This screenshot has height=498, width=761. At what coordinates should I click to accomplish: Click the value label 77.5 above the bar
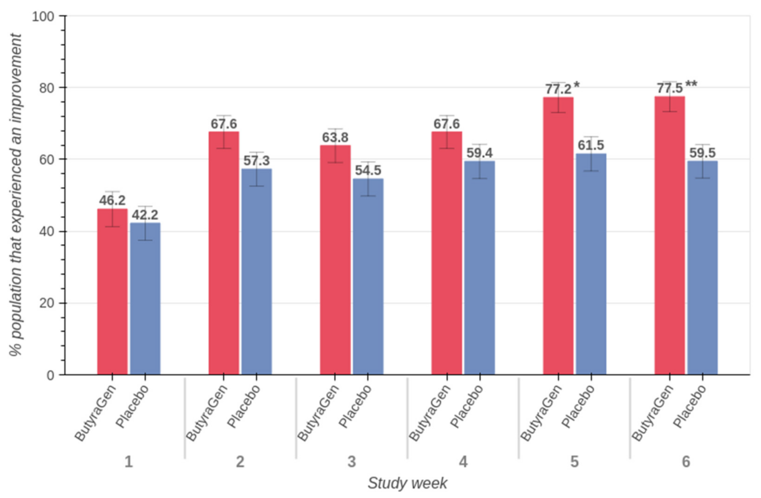tap(670, 88)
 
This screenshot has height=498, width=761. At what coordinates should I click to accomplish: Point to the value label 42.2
tap(145, 215)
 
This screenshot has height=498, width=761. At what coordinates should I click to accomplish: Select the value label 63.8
tap(335, 138)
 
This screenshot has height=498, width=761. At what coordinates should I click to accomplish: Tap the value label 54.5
tap(368, 171)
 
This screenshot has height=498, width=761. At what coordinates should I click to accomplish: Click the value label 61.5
tap(591, 145)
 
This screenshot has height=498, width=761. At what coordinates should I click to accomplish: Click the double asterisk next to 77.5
tap(691, 84)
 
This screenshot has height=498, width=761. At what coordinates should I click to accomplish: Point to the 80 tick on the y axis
tap(47, 88)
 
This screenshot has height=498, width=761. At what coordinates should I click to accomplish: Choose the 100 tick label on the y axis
tap(43, 16)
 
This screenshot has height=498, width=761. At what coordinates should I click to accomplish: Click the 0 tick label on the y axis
tap(51, 375)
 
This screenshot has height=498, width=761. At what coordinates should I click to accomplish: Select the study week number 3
tap(351, 462)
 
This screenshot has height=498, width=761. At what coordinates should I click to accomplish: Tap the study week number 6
tap(686, 462)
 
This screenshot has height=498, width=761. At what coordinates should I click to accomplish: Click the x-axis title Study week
tap(407, 483)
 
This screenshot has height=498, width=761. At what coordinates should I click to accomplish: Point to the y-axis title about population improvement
tap(16, 195)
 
